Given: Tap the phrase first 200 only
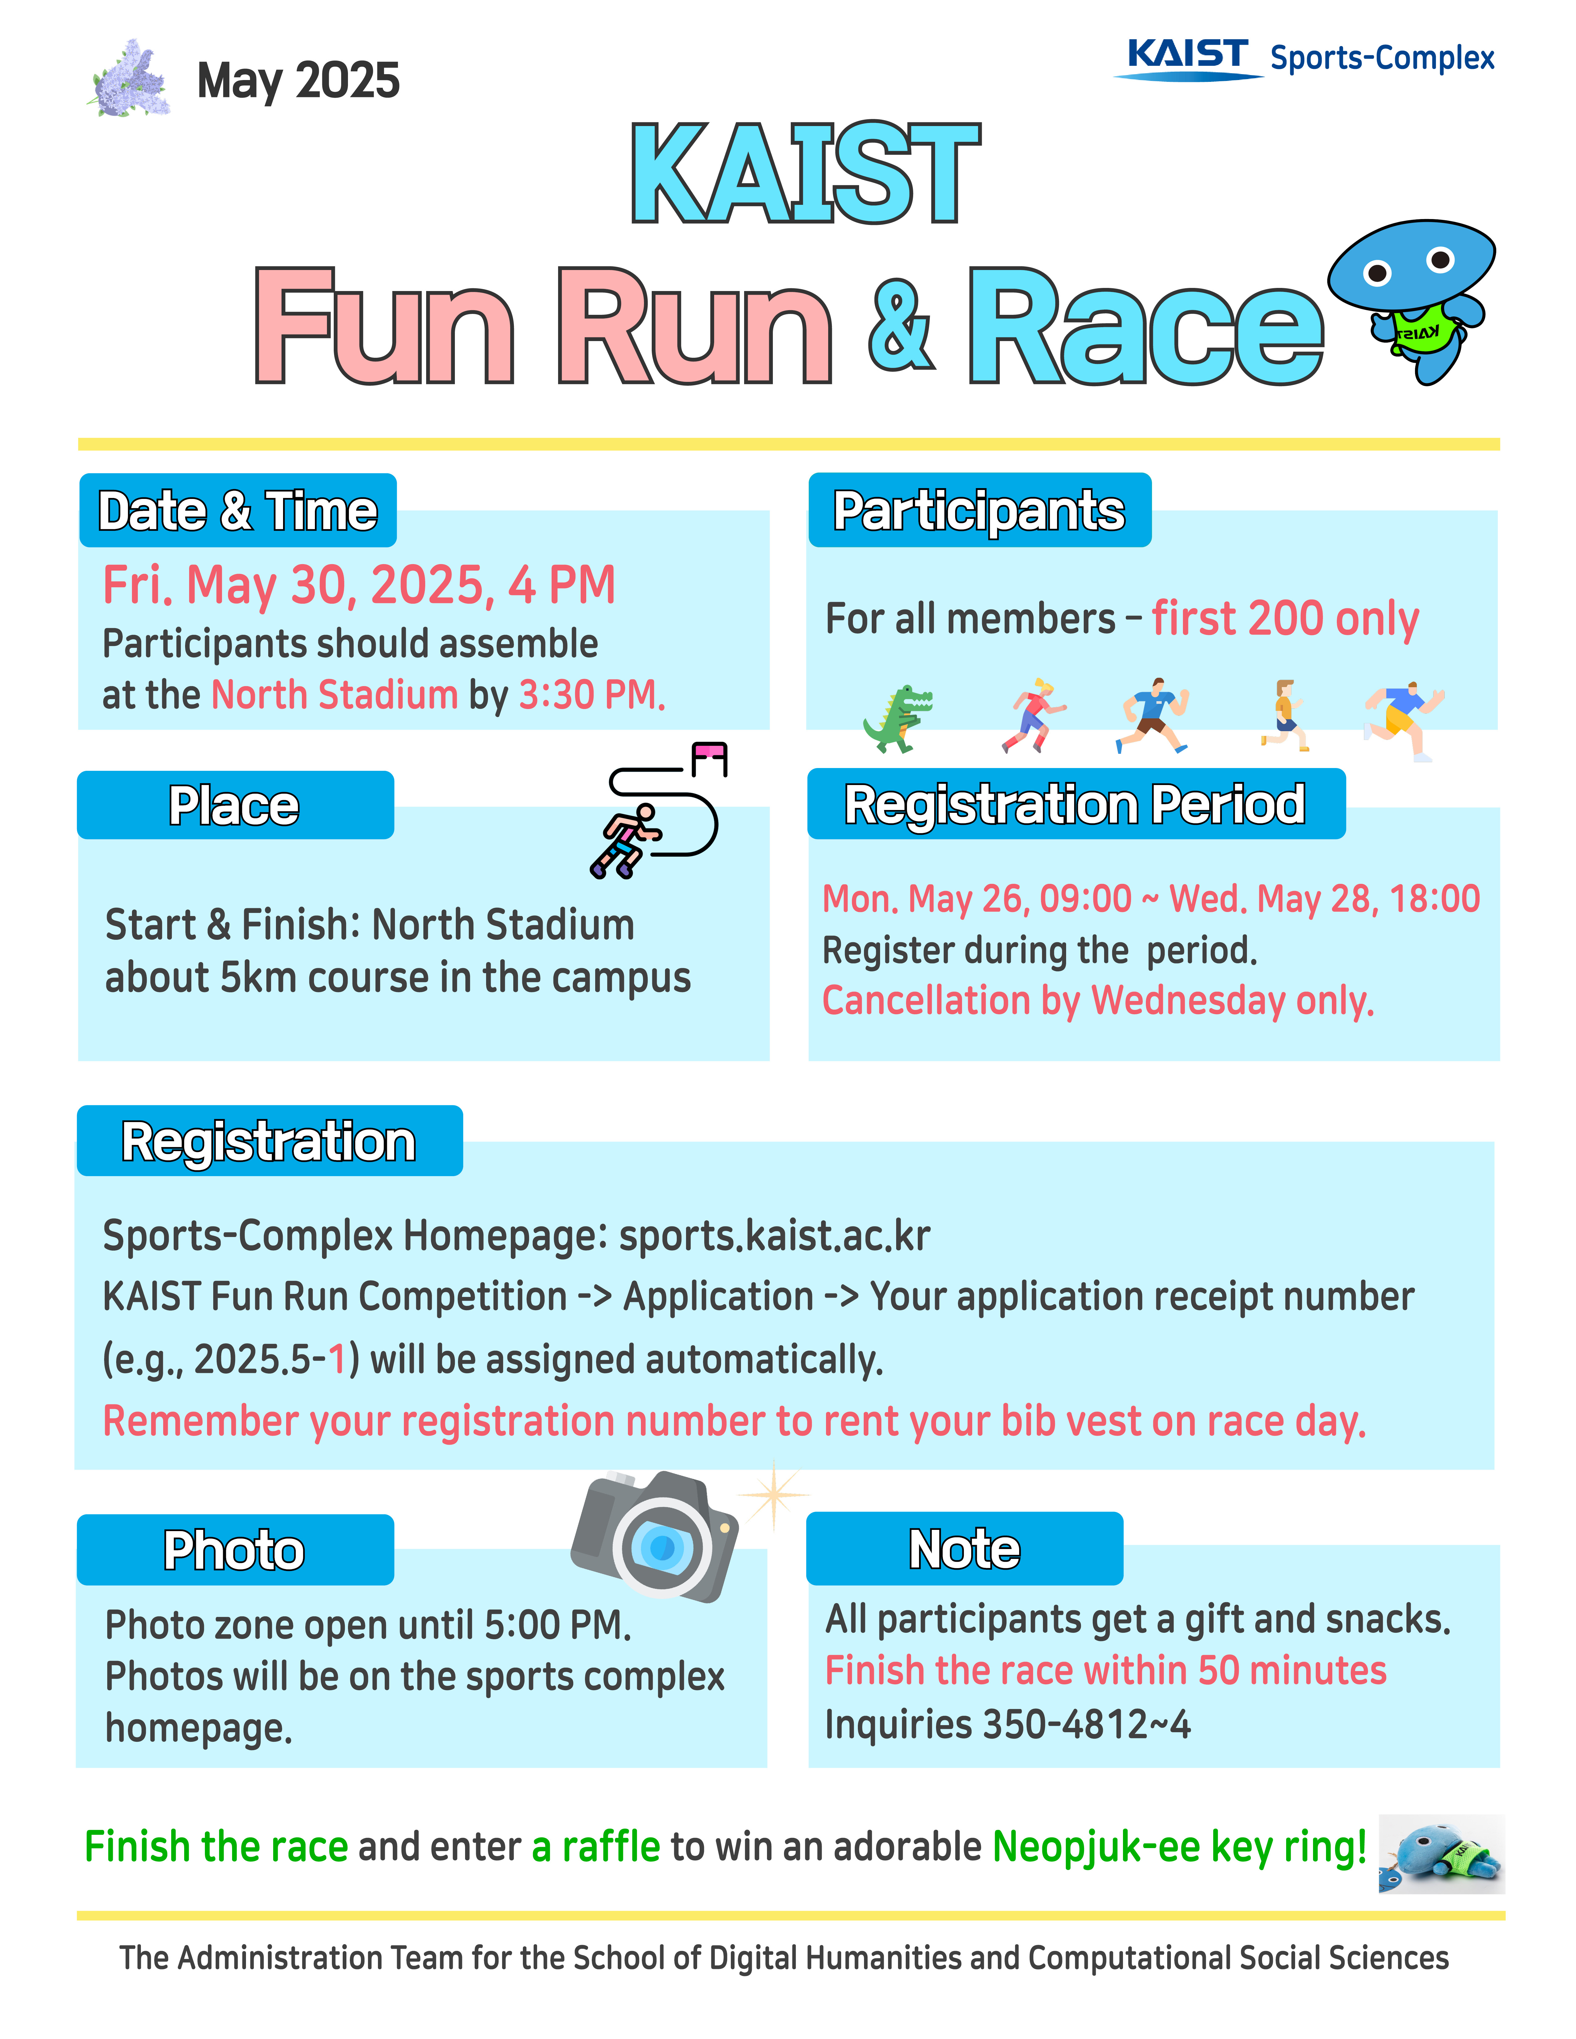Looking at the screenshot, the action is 1285,619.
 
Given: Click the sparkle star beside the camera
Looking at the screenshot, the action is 773,1494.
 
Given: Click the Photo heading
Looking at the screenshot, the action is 234,1550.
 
